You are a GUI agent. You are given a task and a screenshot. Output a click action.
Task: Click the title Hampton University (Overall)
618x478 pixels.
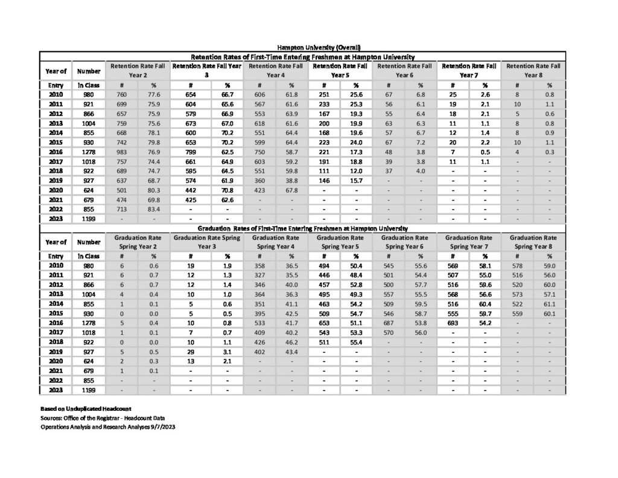319,47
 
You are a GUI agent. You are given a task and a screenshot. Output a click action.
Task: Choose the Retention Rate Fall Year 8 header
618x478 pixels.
534,70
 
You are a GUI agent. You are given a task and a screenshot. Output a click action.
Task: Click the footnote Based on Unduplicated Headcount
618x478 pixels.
82,409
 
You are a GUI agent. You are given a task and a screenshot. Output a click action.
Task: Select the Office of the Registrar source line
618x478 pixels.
100,418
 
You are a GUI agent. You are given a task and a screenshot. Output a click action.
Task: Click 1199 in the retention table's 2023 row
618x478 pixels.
88,219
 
